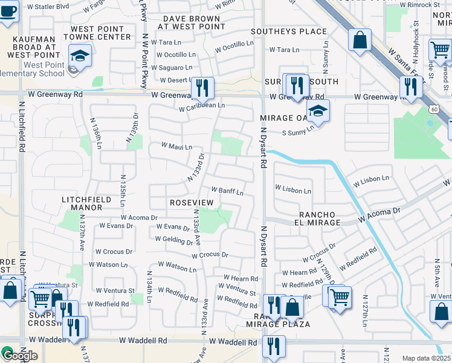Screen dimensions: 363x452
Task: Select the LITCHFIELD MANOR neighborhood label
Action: (x=82, y=203)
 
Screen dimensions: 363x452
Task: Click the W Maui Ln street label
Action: (x=176, y=146)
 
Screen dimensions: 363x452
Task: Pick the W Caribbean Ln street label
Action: (x=202, y=105)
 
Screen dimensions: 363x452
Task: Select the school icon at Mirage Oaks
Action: (x=318, y=111)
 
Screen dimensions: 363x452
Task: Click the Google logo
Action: (x=19, y=355)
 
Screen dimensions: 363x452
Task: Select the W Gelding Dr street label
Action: (x=173, y=240)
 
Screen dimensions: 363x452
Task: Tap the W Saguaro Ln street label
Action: (x=172, y=67)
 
